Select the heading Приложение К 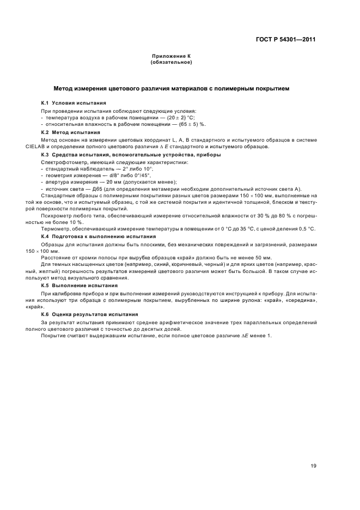[x=170, y=57]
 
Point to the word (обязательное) [x=170, y=62]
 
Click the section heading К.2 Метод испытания [x=71, y=132]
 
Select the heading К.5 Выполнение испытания [x=81, y=286]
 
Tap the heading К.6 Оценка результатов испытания [x=90, y=314]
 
